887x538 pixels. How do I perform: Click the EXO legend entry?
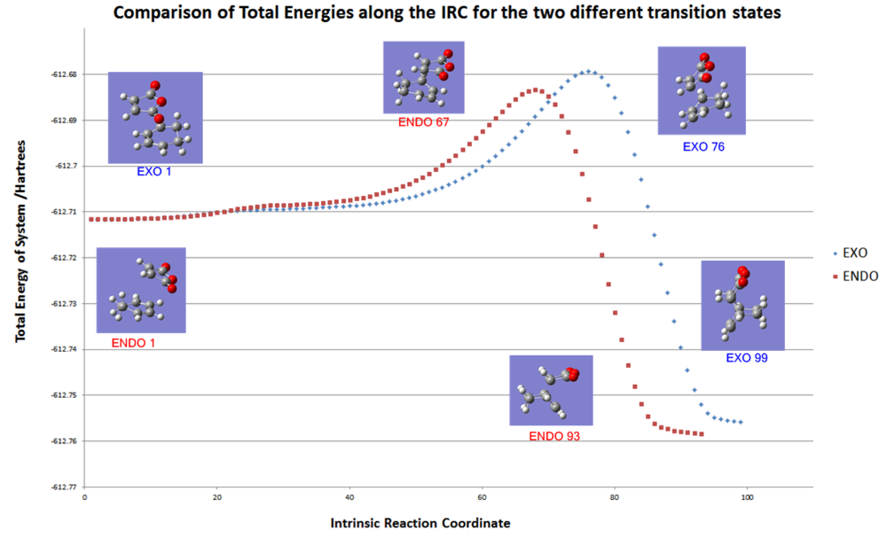coord(847,252)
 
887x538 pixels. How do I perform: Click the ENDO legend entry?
coord(852,277)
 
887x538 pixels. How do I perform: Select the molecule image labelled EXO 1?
coord(155,118)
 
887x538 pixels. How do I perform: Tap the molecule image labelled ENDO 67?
coord(424,77)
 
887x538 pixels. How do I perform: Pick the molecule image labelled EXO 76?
coord(701,90)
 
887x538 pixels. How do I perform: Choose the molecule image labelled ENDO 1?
coord(140,290)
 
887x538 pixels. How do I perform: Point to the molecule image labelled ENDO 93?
coord(551,390)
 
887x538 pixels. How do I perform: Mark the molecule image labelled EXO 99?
coord(742,305)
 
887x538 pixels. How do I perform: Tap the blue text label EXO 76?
coord(703,147)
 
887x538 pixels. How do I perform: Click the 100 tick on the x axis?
coord(747,498)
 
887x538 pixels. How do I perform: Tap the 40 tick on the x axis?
coord(349,498)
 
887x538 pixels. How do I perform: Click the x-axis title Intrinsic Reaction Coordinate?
coord(420,524)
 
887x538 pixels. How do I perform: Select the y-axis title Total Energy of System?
coord(20,256)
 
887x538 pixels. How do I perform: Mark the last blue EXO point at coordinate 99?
coord(741,423)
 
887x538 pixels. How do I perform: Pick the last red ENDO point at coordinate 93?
coord(702,434)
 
